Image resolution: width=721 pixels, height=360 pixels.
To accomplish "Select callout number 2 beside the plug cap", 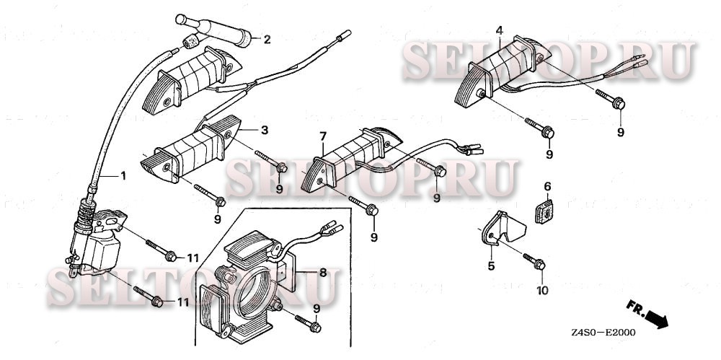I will tap(266, 39).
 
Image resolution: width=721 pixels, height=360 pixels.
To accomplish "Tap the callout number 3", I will tap(265, 130).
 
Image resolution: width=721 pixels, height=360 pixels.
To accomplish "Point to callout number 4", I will tap(499, 30).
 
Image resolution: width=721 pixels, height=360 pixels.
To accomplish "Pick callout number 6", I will tap(547, 186).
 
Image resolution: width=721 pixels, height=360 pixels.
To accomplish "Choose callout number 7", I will tap(323, 136).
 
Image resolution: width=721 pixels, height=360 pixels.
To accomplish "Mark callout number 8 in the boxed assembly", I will tap(322, 273).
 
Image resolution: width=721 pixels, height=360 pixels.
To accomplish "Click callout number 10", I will tap(541, 291).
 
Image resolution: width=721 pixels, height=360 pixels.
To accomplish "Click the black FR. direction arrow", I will tap(654, 316).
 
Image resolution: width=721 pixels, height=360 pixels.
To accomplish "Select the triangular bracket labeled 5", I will tap(505, 227).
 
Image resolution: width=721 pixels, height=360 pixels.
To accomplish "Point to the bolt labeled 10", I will tap(534, 261).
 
